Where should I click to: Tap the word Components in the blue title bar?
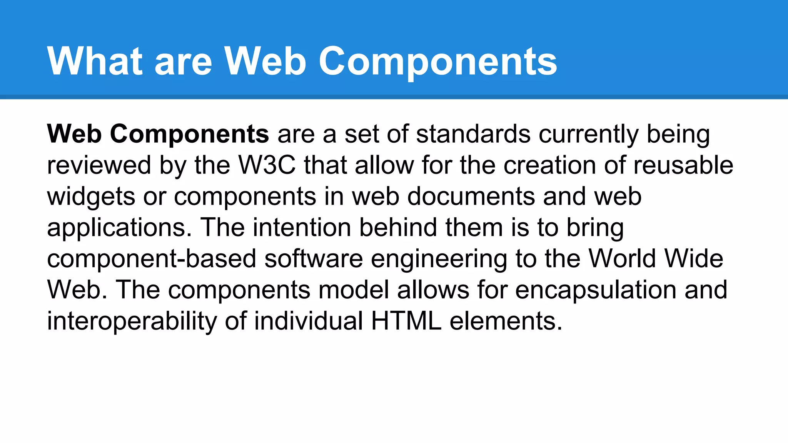pyautogui.click(x=438, y=62)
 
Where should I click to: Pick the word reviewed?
pyautogui.click(x=99, y=165)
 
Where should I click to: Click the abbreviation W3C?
pyautogui.click(x=267, y=165)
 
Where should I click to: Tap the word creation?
pyautogui.click(x=549, y=165)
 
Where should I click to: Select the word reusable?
pyautogui.click(x=683, y=165)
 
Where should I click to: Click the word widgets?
pyautogui.click(x=91, y=197)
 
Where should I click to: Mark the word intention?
pyautogui.click(x=302, y=228)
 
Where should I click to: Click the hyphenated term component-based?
pyautogui.click(x=152, y=259)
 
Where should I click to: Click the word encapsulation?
pyautogui.click(x=596, y=290)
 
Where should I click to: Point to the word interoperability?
pyautogui.click(x=132, y=321)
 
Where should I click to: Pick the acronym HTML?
pyautogui.click(x=406, y=321)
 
